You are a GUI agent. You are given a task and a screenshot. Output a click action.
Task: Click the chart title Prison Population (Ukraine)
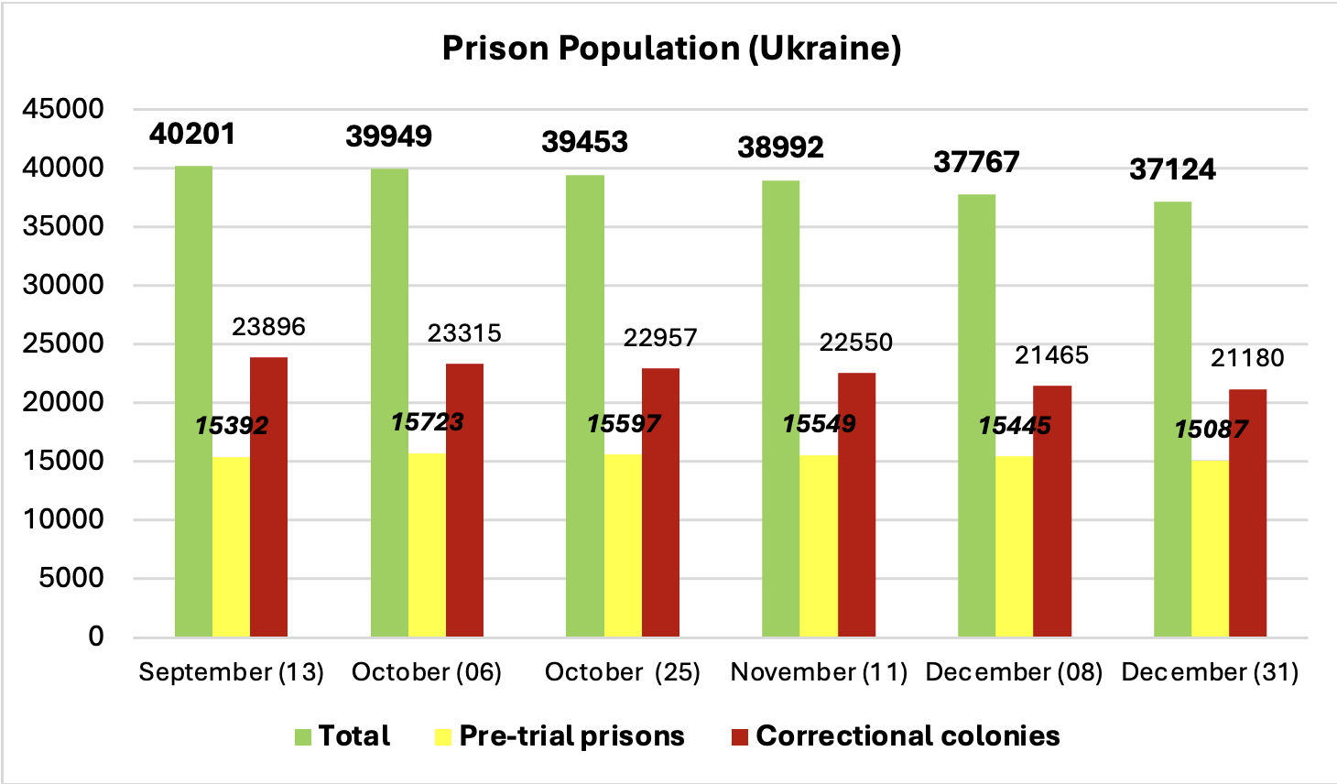[x=671, y=48]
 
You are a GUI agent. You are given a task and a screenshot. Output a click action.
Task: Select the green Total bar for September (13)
[x=193, y=403]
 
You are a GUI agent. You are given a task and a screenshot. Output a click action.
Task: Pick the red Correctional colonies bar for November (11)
[x=856, y=504]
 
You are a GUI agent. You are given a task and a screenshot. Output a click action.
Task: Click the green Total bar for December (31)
[x=1172, y=421]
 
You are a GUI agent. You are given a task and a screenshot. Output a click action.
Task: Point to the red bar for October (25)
[x=660, y=504]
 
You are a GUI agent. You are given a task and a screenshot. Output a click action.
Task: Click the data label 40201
[x=192, y=134]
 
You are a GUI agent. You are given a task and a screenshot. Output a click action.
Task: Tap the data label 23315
[x=464, y=332]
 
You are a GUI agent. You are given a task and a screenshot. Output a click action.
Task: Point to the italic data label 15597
[x=623, y=423]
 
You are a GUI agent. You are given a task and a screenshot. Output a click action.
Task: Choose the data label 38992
[x=780, y=147]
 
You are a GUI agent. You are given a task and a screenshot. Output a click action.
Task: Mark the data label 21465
[x=1051, y=354]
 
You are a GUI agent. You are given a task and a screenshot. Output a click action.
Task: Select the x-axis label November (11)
[x=819, y=672]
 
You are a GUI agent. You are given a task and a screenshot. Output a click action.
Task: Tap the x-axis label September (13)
[x=231, y=672]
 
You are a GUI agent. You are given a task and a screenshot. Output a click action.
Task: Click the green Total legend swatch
[x=303, y=736]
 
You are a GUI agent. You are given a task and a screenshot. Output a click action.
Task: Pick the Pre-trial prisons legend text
[x=571, y=735]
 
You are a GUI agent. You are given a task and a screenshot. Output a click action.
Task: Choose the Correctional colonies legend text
[x=908, y=735]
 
